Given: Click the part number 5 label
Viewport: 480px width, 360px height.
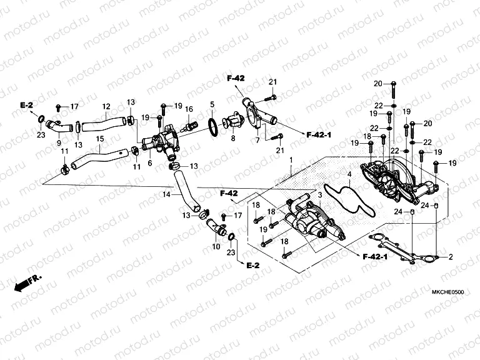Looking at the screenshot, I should tap(212, 104).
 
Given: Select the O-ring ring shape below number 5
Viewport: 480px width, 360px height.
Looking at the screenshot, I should tap(212, 126).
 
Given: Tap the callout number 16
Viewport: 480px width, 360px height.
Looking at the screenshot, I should tap(188, 109).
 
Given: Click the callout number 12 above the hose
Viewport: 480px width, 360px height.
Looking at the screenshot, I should tap(106, 106).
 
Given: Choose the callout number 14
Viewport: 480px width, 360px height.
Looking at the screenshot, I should tap(166, 194).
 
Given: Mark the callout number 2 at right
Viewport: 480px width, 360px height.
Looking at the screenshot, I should tap(450, 257).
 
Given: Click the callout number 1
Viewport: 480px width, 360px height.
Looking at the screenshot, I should tap(290, 161).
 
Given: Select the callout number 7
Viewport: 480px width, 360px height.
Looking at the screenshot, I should tap(257, 141).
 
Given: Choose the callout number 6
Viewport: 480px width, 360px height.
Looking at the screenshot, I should tap(150, 163).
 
